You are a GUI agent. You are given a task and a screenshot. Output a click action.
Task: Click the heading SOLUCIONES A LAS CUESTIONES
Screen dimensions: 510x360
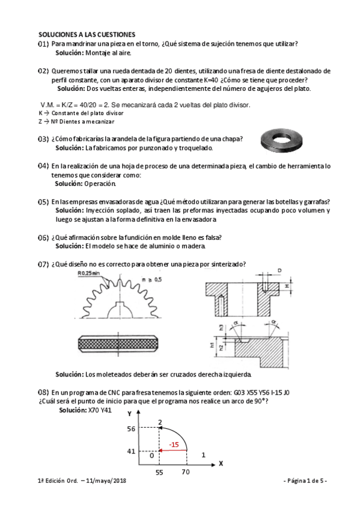[87, 35]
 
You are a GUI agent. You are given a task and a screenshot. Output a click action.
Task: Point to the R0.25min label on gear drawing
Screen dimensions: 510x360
[88, 274]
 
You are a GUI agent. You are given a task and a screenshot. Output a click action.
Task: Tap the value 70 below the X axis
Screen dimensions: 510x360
[186, 473]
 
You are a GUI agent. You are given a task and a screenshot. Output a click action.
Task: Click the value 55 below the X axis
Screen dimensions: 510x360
[159, 473]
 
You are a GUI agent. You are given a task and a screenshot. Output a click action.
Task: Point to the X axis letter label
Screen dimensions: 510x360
[221, 463]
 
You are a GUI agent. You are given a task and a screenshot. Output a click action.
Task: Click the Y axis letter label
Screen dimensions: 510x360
[129, 414]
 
